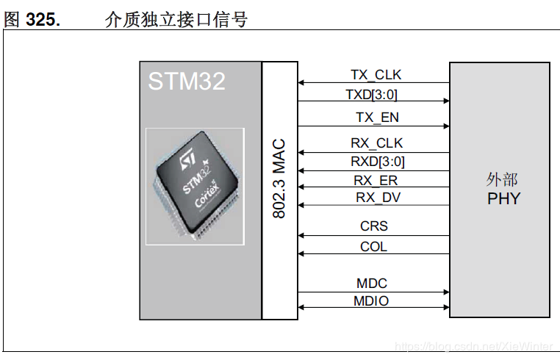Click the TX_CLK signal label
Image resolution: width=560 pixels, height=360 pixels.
click(376, 75)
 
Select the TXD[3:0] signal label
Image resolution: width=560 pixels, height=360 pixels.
click(371, 95)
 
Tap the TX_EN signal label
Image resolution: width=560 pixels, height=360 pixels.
click(377, 117)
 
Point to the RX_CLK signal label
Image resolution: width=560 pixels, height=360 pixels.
click(376, 143)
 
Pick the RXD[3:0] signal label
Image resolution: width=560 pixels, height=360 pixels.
click(378, 162)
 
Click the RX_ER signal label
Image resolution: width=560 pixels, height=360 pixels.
click(376, 180)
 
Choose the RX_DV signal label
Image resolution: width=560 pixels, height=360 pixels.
click(378, 198)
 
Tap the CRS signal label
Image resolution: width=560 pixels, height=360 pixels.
click(374, 226)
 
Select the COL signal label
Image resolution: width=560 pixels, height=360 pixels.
click(373, 246)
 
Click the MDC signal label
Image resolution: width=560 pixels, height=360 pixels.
click(372, 284)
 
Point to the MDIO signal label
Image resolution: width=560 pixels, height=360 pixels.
click(371, 300)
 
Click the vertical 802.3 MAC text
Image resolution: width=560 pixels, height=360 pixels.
click(279, 179)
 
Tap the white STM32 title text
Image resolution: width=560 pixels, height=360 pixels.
click(187, 81)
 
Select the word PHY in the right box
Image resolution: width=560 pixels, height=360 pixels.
click(504, 198)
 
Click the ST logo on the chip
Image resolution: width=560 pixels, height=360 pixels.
click(187, 159)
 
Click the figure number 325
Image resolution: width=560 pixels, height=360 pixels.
click(43, 20)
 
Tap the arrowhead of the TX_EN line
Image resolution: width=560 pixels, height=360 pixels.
click(446, 126)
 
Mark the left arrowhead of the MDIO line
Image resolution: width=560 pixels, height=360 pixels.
click(301, 308)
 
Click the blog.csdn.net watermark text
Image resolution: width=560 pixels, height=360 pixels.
click(474, 347)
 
